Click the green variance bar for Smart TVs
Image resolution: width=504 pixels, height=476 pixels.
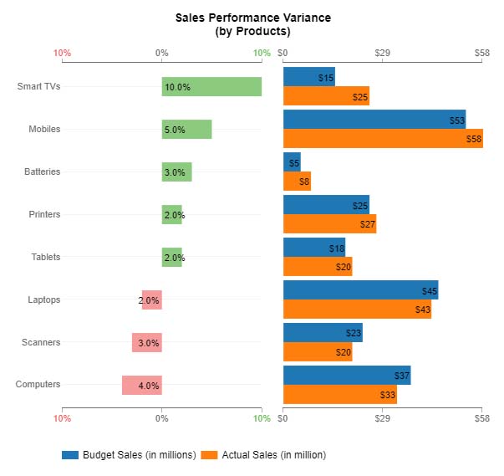coord(211,87)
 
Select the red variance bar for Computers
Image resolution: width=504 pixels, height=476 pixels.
coord(141,385)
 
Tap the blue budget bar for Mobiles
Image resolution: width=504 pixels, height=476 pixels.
coord(374,120)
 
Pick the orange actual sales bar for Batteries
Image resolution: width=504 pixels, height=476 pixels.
coord(297,181)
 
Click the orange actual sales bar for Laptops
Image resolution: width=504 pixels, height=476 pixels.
coord(357,310)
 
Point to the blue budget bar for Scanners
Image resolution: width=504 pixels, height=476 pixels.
coord(323,332)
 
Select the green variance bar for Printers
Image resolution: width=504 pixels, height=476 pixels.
coord(171,215)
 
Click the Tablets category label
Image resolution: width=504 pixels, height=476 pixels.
coord(45,257)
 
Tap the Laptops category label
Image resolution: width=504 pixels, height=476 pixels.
coord(44,299)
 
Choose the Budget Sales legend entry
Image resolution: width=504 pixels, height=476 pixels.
coord(129,455)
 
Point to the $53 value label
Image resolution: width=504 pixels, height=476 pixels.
coord(456,120)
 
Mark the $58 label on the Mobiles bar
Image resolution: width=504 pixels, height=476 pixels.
coord(474,140)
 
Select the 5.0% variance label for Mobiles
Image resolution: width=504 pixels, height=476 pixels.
coord(175,130)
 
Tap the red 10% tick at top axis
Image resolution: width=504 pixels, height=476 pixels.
coord(62,54)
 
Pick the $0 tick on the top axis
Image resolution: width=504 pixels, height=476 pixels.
coord(283,54)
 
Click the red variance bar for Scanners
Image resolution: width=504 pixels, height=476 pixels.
coord(146,342)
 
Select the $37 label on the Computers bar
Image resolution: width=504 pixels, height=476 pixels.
coord(402,376)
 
